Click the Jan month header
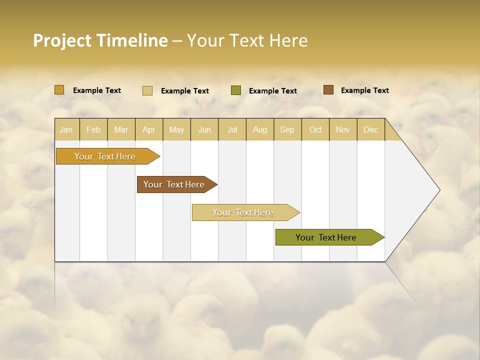tap(66, 129)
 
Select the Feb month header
tap(93, 129)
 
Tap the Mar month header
tap(121, 129)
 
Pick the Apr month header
tap(149, 129)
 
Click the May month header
tap(176, 129)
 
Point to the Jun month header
tap(204, 129)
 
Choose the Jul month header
tap(232, 129)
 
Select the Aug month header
tap(260, 129)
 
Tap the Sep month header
tap(287, 129)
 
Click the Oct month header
tap(315, 129)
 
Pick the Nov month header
tap(343, 129)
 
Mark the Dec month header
tap(371, 129)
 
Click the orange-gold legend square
tap(59, 90)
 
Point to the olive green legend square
tap(236, 90)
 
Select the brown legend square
tap(328, 90)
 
